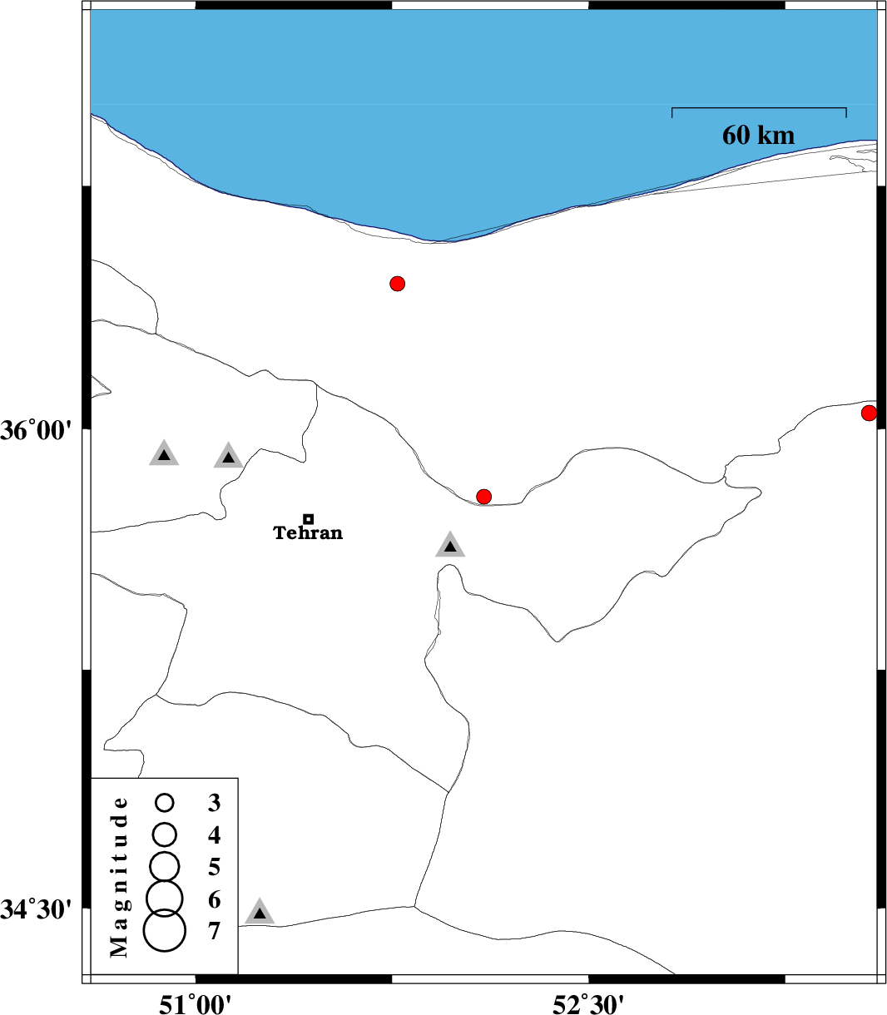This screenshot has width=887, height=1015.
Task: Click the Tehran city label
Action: click(x=308, y=532)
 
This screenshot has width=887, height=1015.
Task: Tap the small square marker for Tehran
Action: click(x=308, y=519)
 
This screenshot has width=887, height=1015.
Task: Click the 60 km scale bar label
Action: click(x=758, y=136)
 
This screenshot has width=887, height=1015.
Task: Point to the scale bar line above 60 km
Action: click(x=759, y=108)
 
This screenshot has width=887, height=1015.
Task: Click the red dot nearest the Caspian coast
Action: click(x=397, y=284)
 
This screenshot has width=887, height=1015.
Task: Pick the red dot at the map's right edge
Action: click(x=869, y=413)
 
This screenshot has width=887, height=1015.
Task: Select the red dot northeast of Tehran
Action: click(x=483, y=496)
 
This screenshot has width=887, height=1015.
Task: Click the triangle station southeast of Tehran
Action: click(x=450, y=545)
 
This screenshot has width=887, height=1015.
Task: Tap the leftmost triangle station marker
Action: click(x=164, y=453)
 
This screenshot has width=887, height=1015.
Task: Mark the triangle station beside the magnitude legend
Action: click(x=260, y=913)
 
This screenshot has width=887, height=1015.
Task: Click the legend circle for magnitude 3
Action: click(x=164, y=803)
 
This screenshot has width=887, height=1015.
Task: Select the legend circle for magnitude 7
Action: click(x=164, y=931)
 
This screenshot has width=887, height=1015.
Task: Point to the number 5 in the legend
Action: click(x=214, y=867)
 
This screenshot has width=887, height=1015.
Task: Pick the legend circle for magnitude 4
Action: click(x=164, y=834)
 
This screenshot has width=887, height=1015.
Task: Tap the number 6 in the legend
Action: click(x=214, y=899)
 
